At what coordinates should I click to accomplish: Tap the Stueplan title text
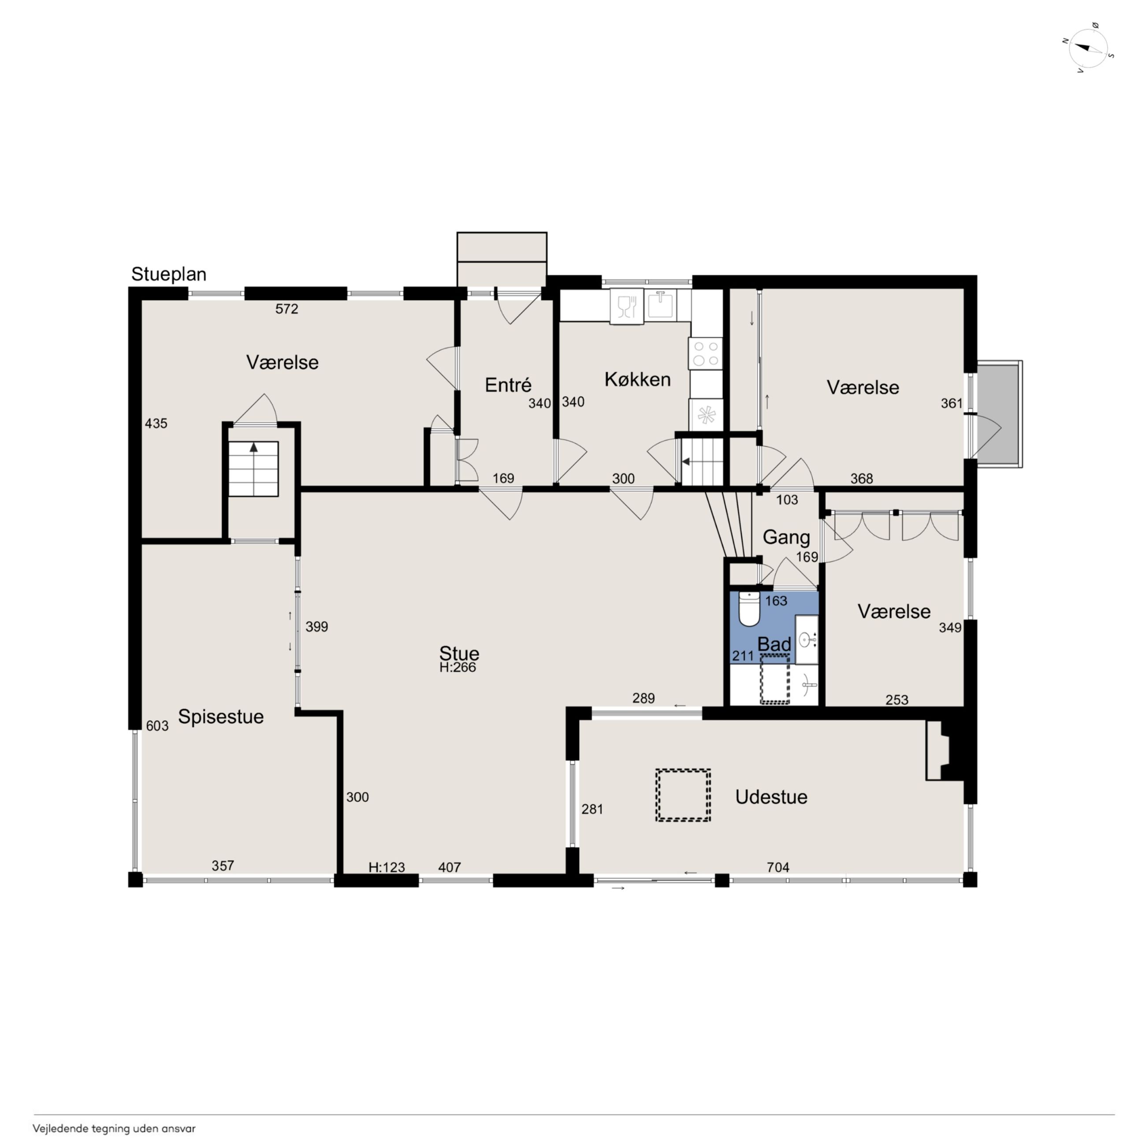168,275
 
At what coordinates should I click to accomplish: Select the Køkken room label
638,379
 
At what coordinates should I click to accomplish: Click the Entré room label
508,385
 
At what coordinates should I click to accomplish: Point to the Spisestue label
221,717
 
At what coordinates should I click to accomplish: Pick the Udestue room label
771,796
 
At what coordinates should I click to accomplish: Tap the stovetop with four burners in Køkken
706,353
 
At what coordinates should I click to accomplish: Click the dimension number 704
778,867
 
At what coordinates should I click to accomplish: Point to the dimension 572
286,309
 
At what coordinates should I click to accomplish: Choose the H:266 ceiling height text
458,667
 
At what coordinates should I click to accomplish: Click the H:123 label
387,867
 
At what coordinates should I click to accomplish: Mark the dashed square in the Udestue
683,796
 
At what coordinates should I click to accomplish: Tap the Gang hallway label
786,537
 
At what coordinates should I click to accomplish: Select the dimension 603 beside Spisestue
157,726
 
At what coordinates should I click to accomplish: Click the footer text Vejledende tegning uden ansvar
114,1129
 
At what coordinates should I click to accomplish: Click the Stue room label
459,653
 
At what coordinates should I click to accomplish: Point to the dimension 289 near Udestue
644,698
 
